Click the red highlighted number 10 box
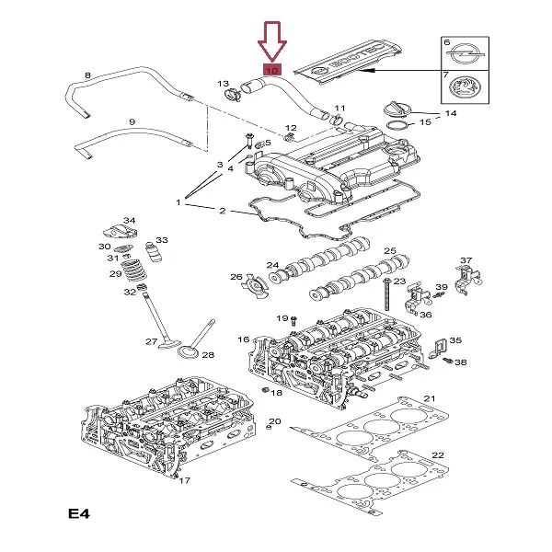(x=271, y=69)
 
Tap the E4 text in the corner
(x=79, y=512)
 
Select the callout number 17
(x=183, y=480)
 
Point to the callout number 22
(x=438, y=455)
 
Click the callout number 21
(x=428, y=397)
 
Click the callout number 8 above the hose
(x=87, y=75)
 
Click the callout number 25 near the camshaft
(x=389, y=251)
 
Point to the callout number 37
(x=466, y=260)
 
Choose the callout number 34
(x=129, y=220)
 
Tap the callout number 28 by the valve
(x=208, y=354)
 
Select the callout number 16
(x=243, y=339)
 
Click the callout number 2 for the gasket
(x=222, y=211)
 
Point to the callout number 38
(x=460, y=362)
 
